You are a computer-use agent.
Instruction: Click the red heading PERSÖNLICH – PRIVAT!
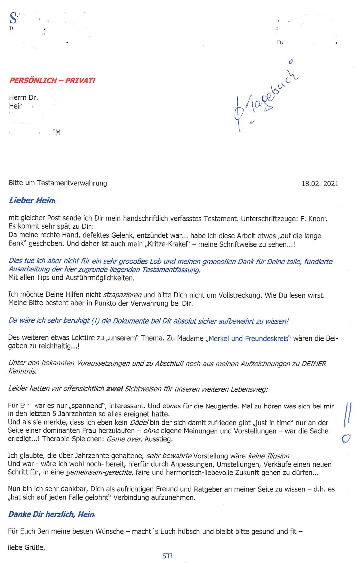pos(52,80)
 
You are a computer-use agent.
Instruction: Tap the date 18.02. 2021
pos(320,184)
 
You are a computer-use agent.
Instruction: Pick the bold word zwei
pos(114,389)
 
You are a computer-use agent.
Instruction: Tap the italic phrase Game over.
pos(124,439)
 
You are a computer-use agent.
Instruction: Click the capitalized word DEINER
pos(314,364)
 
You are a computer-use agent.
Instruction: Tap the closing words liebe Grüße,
pos(26,547)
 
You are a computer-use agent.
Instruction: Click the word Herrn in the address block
pos(18,97)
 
